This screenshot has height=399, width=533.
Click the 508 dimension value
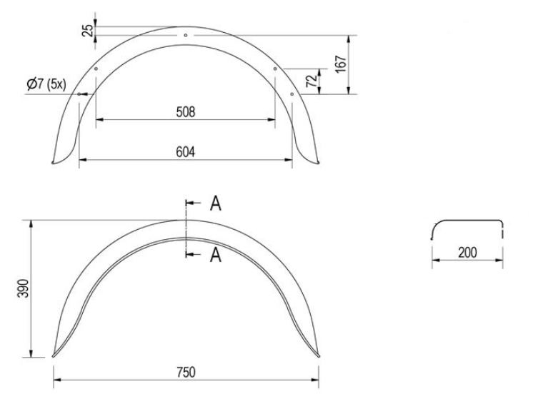pos(185,111)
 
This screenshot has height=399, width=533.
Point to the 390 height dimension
pos(24,288)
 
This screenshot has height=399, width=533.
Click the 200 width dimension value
pos(468,252)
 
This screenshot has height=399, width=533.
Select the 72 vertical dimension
pos(311,81)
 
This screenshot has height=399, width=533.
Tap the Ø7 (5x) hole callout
pos(46,84)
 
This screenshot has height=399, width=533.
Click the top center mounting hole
pos(185,34)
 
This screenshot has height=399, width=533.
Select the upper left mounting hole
pos(95,69)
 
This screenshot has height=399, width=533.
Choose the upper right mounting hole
pos(275,69)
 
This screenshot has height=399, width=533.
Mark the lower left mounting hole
pos(79,93)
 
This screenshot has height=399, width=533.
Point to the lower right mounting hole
pos(292,93)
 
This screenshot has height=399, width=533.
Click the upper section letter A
pos(215,204)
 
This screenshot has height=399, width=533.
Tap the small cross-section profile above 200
pos(468,227)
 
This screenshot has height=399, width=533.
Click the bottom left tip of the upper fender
pos(56,163)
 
